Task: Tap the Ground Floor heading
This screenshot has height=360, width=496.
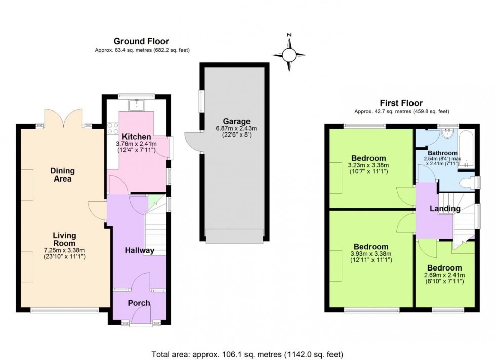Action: pos(141,41)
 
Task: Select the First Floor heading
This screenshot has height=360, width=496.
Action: pos(401,103)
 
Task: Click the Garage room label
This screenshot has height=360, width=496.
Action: pos(237,121)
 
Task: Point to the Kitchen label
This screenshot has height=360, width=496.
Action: pos(136,137)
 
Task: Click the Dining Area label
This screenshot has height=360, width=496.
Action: pos(62,174)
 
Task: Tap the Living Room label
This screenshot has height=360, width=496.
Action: pos(64,239)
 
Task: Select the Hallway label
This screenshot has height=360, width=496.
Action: pos(140,250)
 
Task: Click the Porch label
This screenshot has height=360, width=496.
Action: pos(139,303)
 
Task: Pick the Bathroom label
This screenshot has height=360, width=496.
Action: pos(442,153)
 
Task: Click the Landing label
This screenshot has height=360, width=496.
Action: pos(445,208)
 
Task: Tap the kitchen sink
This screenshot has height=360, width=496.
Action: pos(137,106)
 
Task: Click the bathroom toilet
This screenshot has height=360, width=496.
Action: pos(464,182)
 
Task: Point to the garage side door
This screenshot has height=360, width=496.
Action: pos(193,142)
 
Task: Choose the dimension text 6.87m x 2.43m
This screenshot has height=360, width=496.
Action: pos(237,128)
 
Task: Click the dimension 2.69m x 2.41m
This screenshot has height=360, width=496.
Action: pos(444,275)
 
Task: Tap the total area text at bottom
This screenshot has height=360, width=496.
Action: pos(248,354)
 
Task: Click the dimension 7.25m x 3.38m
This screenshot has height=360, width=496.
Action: pos(64,250)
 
